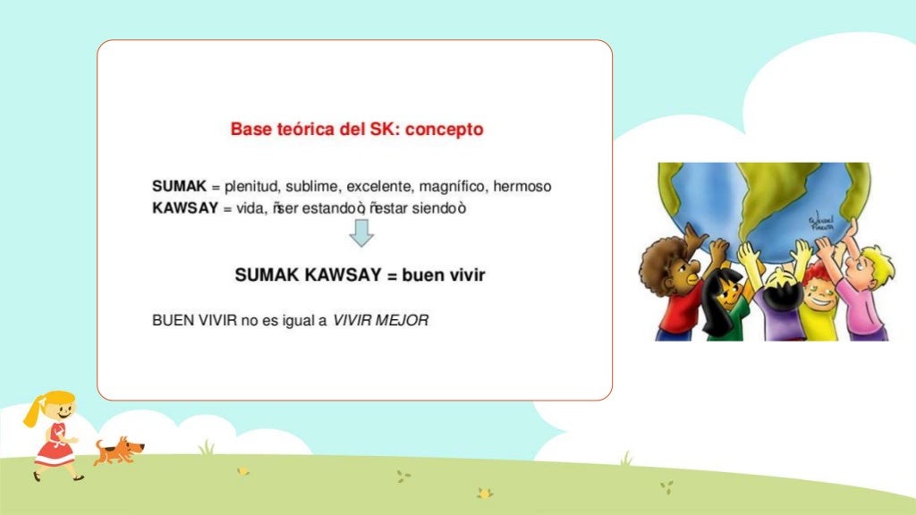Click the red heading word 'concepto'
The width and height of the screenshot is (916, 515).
(445, 130)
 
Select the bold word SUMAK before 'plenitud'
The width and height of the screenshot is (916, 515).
(179, 187)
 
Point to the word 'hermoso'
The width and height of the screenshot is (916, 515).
(522, 187)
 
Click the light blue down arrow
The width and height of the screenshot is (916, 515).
(360, 233)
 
